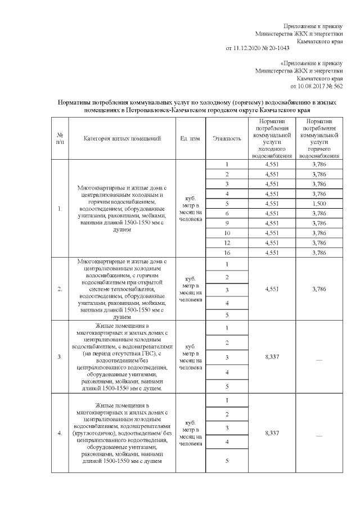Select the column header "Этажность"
(227, 138)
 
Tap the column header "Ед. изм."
(190, 138)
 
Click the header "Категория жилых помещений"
(123, 138)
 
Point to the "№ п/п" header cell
(60, 138)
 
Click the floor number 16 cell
(227, 253)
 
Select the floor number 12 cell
(227, 243)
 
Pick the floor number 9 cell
(227, 223)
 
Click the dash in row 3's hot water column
(319, 358)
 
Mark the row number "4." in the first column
(60, 433)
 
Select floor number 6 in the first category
(227, 214)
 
